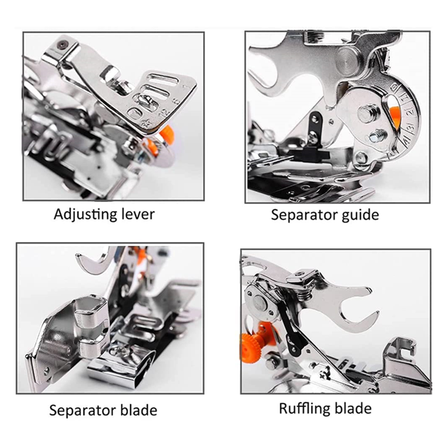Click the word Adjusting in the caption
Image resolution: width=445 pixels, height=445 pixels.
[x=86, y=215]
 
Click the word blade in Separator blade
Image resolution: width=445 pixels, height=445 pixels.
[x=139, y=410]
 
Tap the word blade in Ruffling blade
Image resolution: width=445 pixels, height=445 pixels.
[x=353, y=408]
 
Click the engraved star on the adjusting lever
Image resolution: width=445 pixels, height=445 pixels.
[x=147, y=123]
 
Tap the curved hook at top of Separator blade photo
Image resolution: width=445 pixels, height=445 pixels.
[x=94, y=260]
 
